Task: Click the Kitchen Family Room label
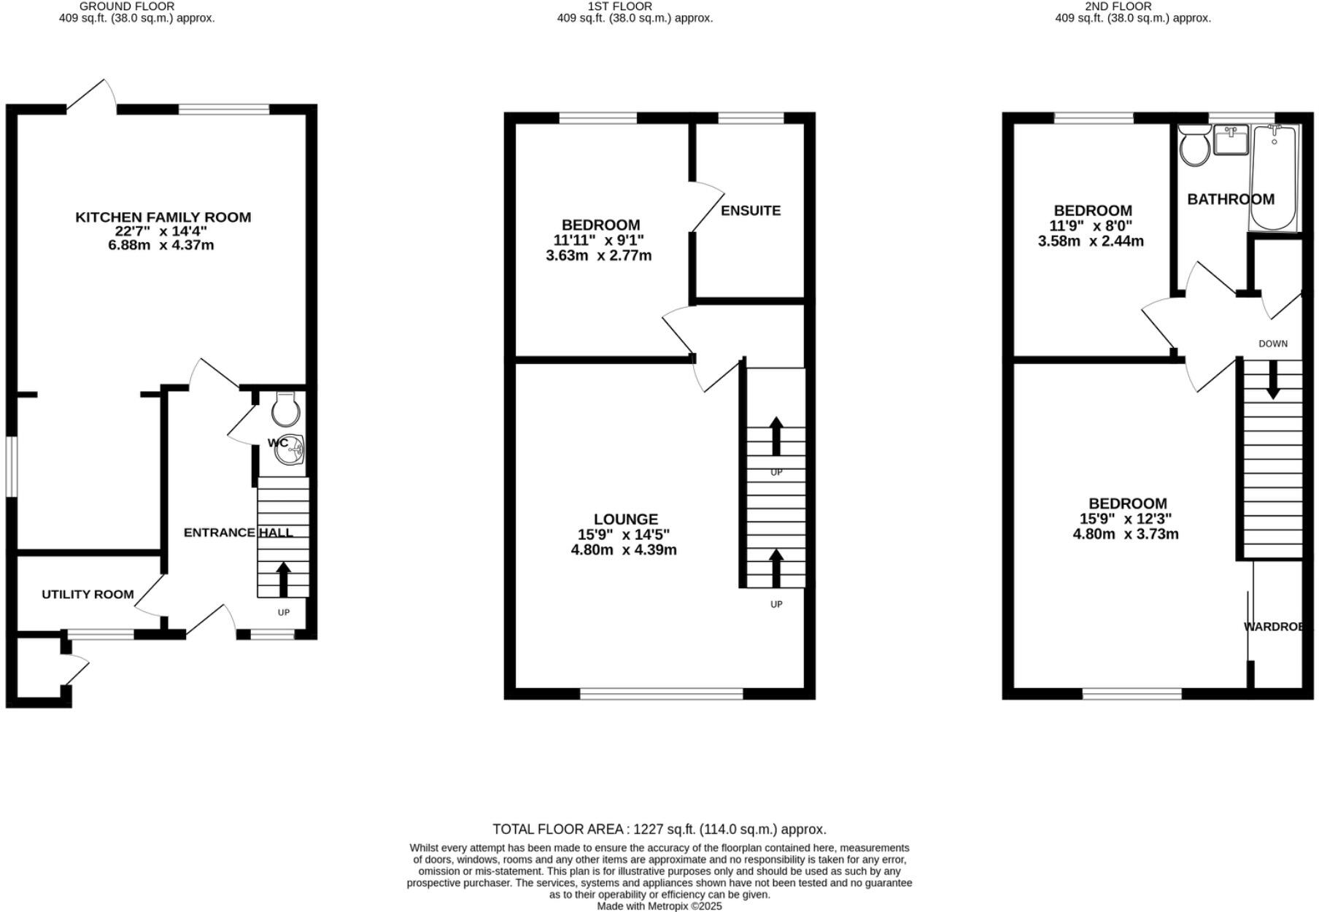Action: tap(163, 217)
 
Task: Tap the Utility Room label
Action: tap(88, 594)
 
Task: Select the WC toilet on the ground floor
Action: tap(285, 409)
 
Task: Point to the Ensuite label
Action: tap(751, 211)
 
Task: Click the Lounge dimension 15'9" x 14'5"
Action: tap(623, 534)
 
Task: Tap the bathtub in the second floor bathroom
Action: tap(1274, 177)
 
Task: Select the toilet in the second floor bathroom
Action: tap(1194, 146)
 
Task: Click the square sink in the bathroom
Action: tap(1231, 140)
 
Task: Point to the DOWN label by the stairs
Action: tap(1273, 344)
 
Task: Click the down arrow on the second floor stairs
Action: tap(1273, 381)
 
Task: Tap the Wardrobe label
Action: tap(1275, 626)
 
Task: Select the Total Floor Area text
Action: tap(659, 829)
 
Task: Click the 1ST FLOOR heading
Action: tap(609, 7)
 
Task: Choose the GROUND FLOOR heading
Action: tap(127, 7)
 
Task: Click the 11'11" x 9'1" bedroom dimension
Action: tap(598, 240)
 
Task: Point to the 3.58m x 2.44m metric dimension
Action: tap(1091, 241)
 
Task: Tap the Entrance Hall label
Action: tap(238, 533)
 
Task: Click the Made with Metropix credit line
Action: tap(659, 905)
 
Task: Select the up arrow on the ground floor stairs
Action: tap(283, 579)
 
